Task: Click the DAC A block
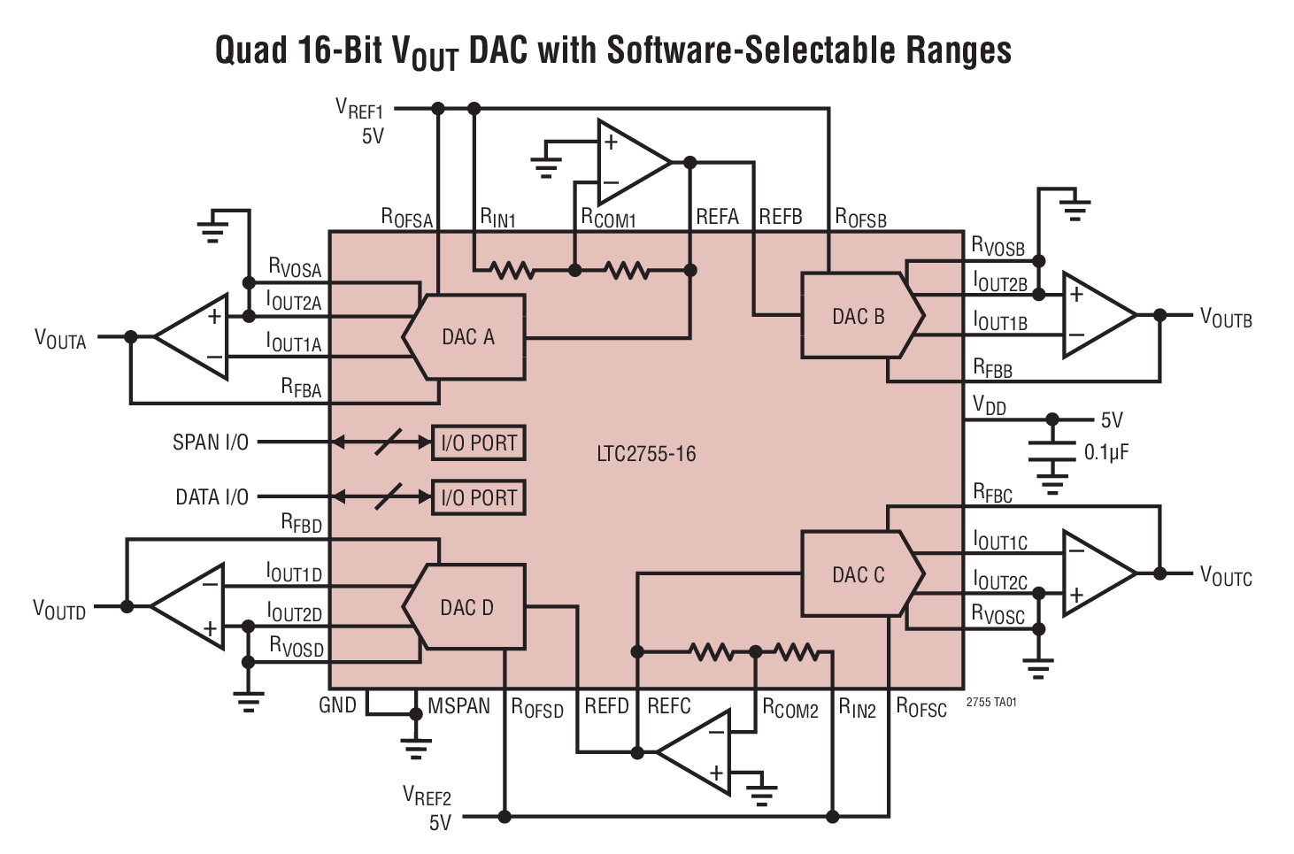coord(466,337)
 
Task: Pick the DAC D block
coord(466,608)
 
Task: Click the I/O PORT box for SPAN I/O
coord(479,442)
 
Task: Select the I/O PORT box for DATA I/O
coord(479,497)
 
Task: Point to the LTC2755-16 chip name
coord(646,454)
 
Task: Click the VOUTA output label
coord(60,339)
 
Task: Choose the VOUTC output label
coord(1226,576)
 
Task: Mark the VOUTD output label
coord(59,610)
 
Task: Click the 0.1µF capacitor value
coord(1106,453)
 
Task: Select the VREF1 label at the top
coord(359,109)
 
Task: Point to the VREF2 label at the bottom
coord(427,795)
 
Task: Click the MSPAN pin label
coord(458,706)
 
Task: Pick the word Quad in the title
coord(250,50)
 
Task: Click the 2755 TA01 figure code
coord(991,703)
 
